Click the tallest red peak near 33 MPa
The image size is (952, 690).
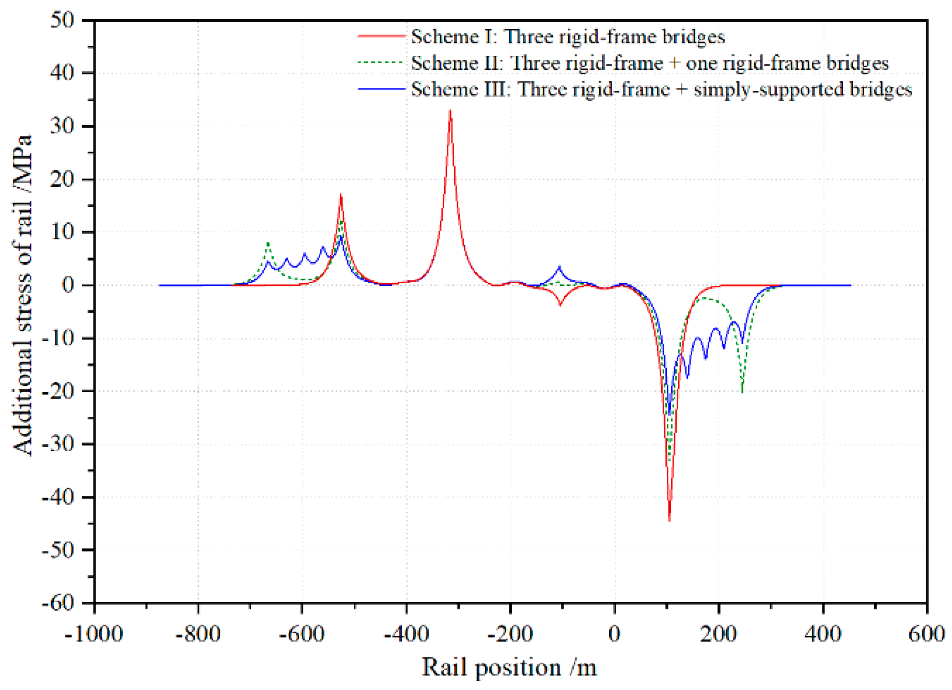[x=450, y=111]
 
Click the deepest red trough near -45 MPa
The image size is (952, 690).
[x=669, y=519]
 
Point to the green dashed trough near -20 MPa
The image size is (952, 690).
[x=742, y=391]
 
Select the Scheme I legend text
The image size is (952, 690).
[x=568, y=37]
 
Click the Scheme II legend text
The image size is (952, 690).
[x=649, y=63]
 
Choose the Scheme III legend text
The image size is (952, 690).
[x=661, y=89]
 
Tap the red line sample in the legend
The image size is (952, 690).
[x=381, y=36]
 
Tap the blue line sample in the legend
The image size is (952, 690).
[x=381, y=89]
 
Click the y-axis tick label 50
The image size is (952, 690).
[x=62, y=20]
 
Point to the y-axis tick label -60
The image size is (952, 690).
[x=58, y=603]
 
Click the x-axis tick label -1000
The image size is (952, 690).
[x=93, y=634]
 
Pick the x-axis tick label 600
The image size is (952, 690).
[x=927, y=634]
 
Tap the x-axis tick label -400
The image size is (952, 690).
[x=406, y=634]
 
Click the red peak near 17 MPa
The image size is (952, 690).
[x=340, y=195]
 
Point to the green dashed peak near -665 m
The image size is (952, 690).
[x=268, y=243]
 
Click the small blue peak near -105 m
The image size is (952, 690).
[x=559, y=267]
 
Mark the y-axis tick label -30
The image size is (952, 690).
[x=58, y=444]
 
